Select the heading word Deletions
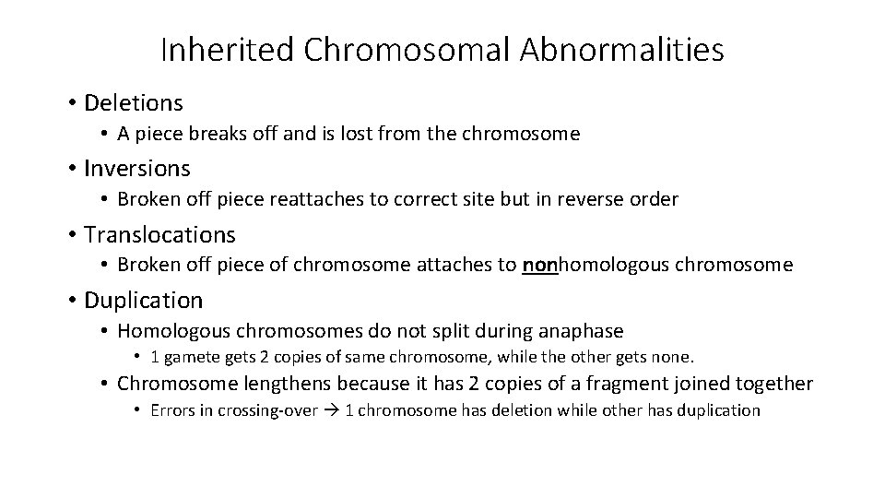(134, 102)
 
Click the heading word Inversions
(137, 168)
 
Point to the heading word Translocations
(159, 234)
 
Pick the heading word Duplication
(143, 300)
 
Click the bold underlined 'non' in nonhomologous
(540, 266)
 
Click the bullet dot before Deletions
(70, 103)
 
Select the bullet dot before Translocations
(70, 235)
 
